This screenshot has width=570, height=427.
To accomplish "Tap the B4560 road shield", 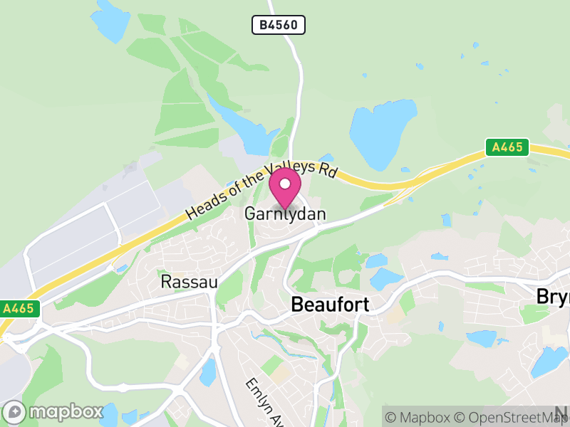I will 279,26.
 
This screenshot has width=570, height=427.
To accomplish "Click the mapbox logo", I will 53,411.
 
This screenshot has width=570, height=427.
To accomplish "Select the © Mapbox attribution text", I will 421,417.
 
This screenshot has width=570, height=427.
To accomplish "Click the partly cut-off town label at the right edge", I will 553,296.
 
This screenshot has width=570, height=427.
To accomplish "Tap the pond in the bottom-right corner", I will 549,362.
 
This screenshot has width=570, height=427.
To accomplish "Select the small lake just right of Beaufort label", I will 385,278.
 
